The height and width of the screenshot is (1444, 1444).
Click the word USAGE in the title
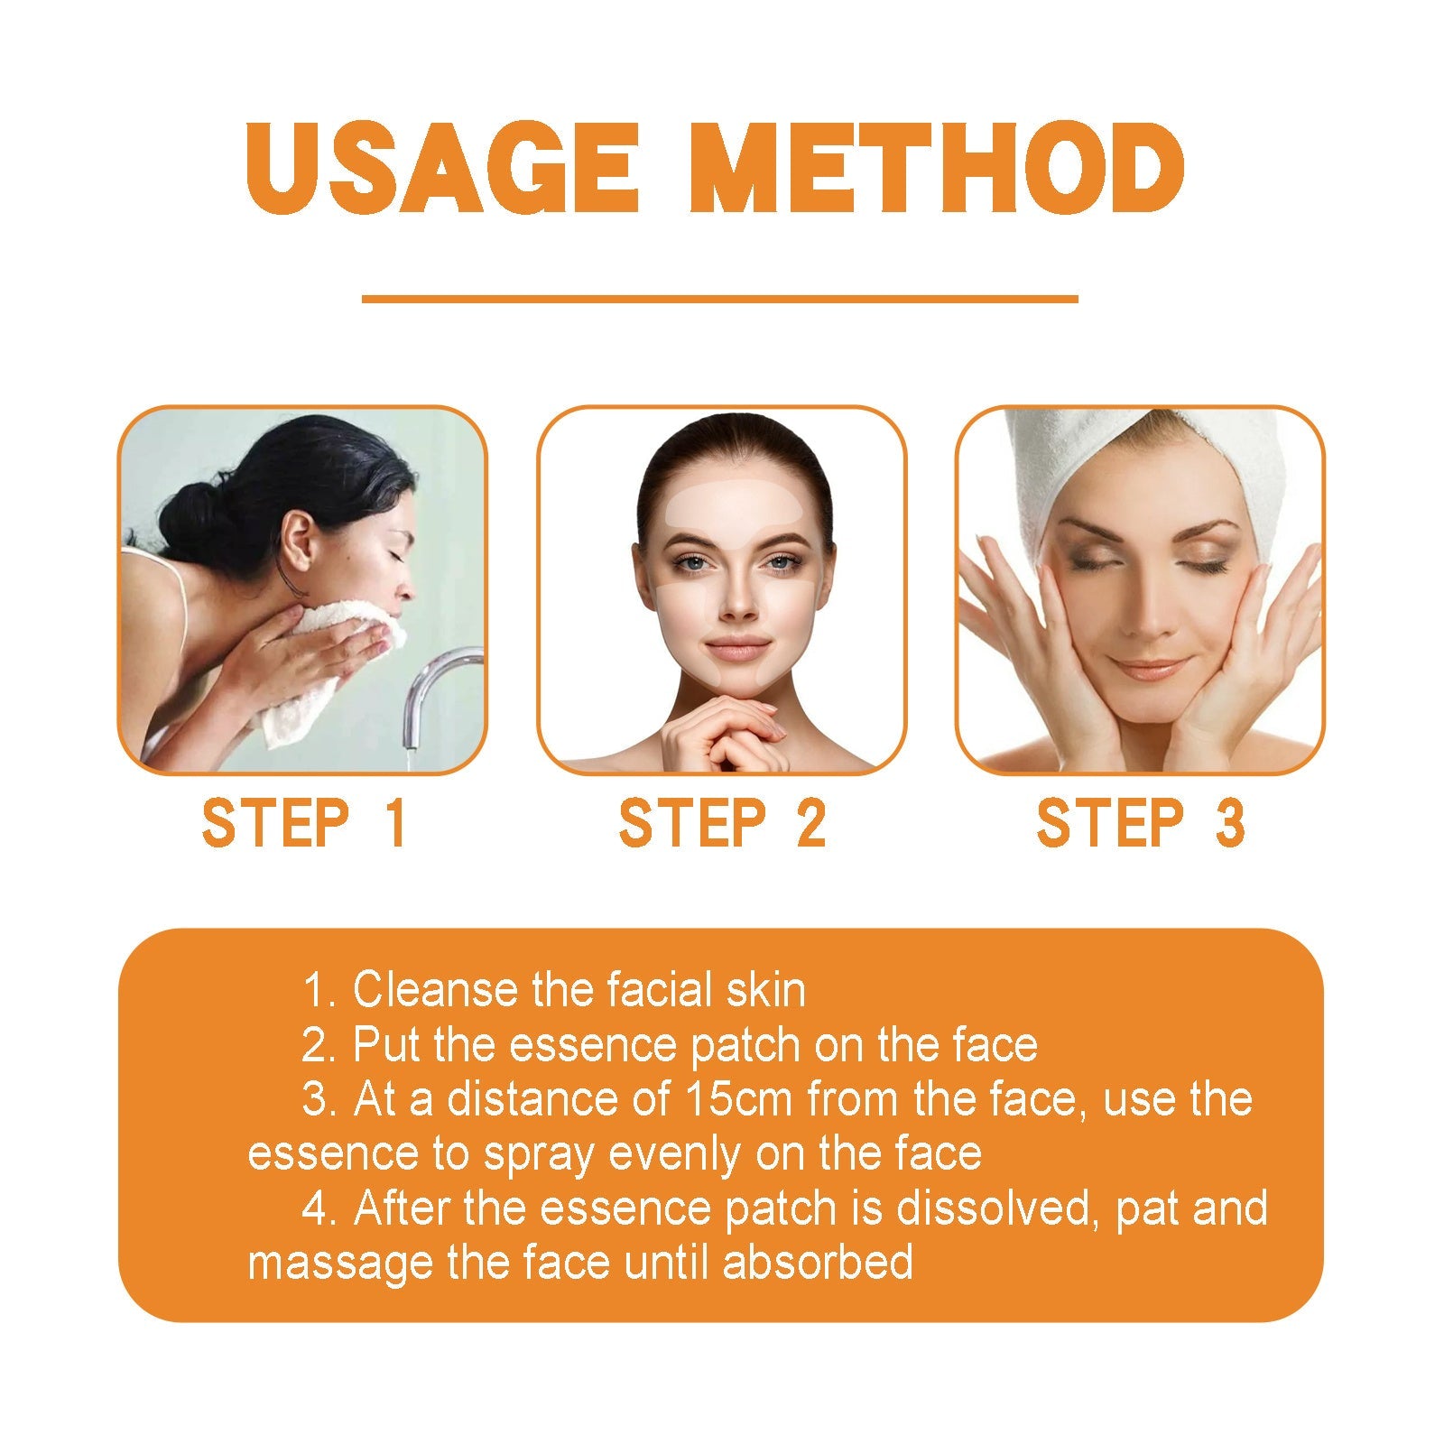coord(441,169)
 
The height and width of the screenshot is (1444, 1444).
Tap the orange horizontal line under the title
coord(719,298)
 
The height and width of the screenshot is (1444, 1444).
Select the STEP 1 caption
coord(303,823)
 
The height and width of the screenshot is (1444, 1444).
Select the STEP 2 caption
coord(722,823)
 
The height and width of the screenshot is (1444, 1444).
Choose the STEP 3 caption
coord(1141,823)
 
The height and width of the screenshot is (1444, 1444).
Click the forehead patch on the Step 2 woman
coord(722,501)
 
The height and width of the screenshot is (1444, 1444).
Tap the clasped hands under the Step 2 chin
coord(722,722)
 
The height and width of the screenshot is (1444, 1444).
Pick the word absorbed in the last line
coord(818,1262)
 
